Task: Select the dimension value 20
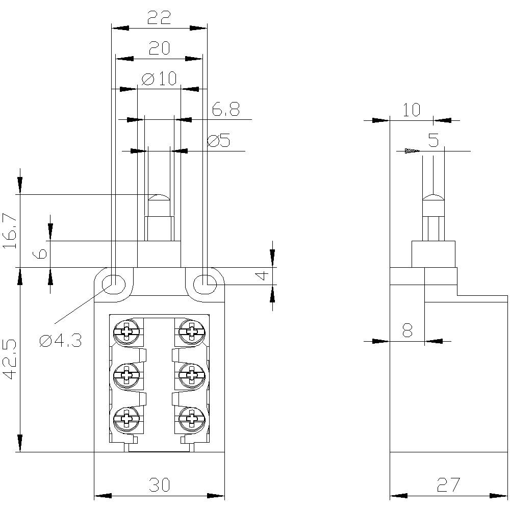click(159, 48)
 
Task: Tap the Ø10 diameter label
click(159, 79)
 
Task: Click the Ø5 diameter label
click(219, 140)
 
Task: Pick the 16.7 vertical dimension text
click(11, 231)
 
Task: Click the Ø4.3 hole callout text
click(60, 341)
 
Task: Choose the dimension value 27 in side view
click(448, 485)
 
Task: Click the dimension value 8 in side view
click(407, 331)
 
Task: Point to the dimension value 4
click(261, 275)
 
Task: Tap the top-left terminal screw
click(125, 332)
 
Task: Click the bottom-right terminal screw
click(192, 419)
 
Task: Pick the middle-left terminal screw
click(125, 376)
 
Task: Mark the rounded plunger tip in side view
click(433, 198)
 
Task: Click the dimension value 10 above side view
click(411, 110)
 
